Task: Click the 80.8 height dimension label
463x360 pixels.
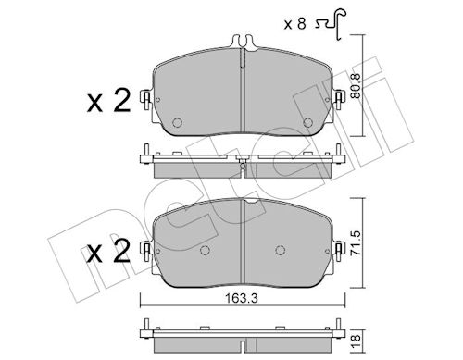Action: click(357, 86)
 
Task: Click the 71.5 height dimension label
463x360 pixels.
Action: click(357, 243)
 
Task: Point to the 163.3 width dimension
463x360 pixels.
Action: click(242, 298)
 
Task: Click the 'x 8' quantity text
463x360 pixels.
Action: click(294, 24)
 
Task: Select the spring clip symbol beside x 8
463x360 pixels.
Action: click(331, 24)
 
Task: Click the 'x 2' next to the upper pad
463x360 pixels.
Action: click(108, 101)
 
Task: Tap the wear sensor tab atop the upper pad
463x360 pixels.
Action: click(243, 43)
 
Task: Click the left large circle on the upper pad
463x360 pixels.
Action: click(177, 123)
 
